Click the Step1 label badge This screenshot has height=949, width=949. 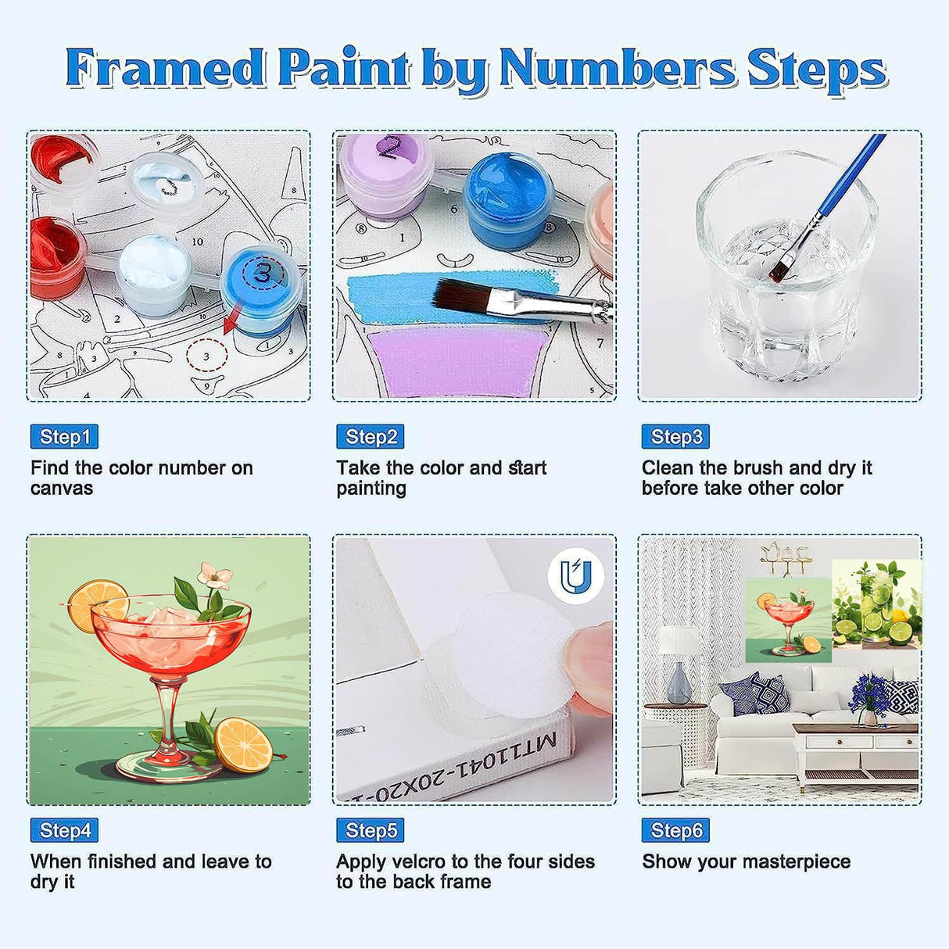click(x=64, y=437)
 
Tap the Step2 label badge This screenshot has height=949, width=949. click(x=370, y=437)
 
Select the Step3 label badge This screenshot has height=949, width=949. click(x=675, y=437)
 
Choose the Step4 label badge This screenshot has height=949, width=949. click(x=64, y=830)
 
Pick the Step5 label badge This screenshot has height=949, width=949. click(x=370, y=830)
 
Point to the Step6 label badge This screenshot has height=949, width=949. click(x=675, y=830)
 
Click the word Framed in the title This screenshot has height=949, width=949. click(x=165, y=69)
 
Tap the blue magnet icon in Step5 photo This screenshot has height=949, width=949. click(x=575, y=576)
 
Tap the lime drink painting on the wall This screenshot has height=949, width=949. click(x=876, y=603)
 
